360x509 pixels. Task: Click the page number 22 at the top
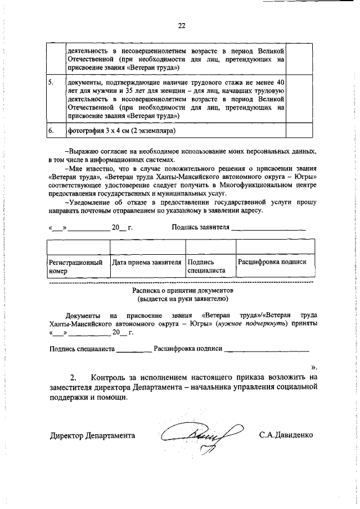point(181,25)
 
